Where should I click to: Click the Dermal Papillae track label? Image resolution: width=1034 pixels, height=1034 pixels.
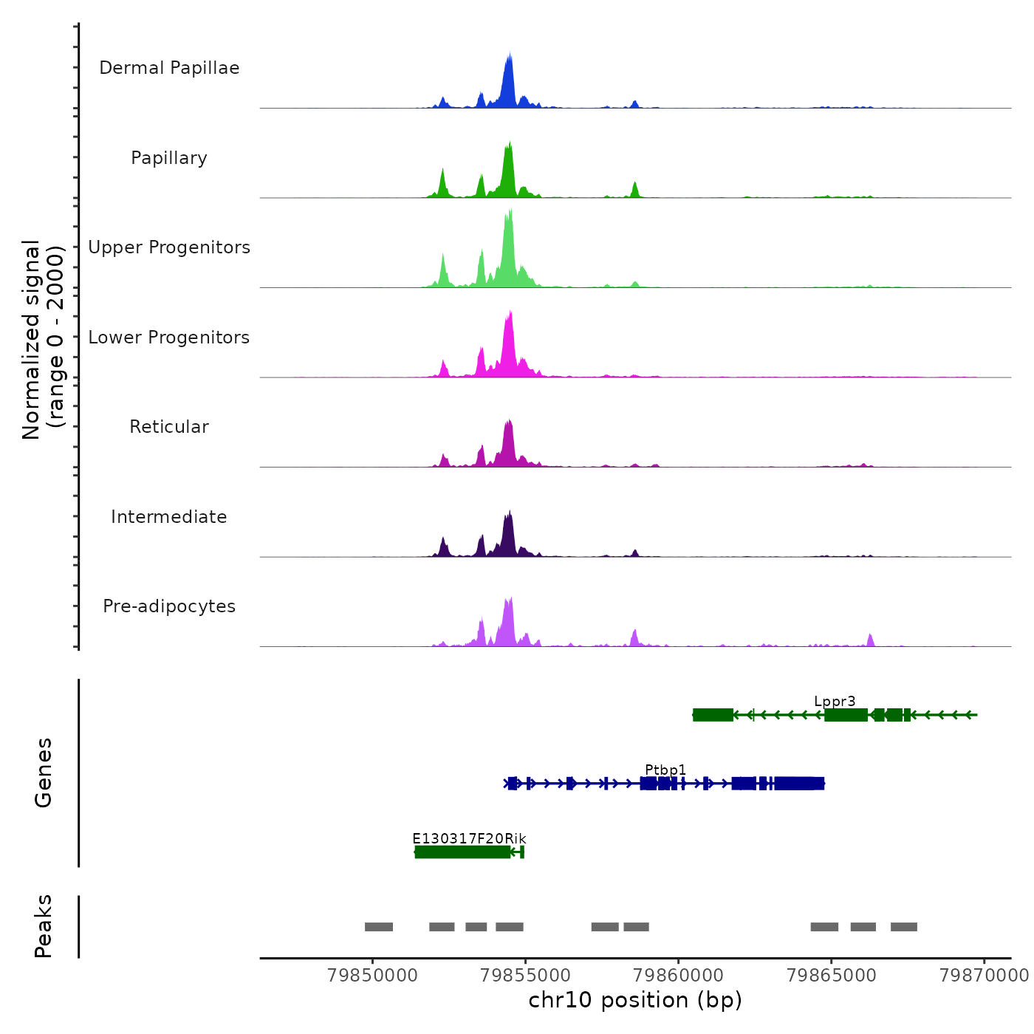[x=169, y=68]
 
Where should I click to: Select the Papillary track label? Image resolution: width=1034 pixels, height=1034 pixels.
[x=169, y=158]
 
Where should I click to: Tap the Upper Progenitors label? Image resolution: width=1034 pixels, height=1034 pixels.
[x=169, y=247]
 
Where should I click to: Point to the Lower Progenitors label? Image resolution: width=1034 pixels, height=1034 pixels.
[x=169, y=338]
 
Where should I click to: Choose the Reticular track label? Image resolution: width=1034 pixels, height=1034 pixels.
[x=169, y=427]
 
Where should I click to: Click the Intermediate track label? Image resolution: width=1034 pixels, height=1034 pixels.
[x=169, y=517]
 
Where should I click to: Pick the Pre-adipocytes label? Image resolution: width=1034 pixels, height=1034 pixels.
[x=169, y=606]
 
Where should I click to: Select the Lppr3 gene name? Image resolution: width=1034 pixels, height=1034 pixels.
[x=835, y=702]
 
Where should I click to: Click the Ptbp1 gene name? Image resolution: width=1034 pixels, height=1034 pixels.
[x=665, y=770]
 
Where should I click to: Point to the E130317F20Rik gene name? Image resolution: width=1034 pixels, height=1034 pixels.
[x=469, y=838]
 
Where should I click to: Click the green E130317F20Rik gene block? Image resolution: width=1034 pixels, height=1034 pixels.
[x=462, y=852]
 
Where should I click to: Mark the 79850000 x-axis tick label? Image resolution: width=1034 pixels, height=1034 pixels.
[x=372, y=976]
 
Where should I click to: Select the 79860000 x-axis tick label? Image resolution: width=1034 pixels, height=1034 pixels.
[x=679, y=976]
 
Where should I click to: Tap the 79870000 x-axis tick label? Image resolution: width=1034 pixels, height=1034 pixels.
[x=984, y=976]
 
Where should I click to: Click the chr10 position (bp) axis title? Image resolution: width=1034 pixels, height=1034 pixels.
[x=635, y=1000]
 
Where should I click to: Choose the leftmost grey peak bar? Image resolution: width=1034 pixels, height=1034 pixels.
[x=379, y=927]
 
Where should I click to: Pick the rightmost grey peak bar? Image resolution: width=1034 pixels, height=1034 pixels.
[x=904, y=927]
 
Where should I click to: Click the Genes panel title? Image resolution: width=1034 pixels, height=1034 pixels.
[x=44, y=773]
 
